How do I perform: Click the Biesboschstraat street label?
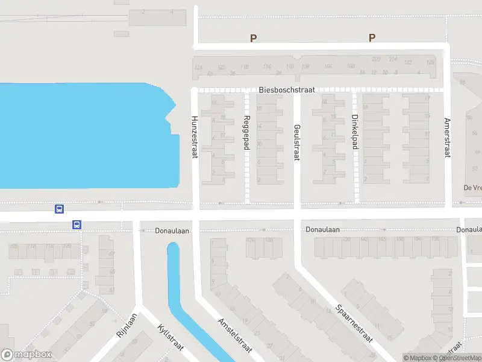pos(287,90)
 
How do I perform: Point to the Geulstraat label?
pos(296,142)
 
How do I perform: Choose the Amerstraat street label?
pos(447,138)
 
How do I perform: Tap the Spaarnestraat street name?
pos(354,323)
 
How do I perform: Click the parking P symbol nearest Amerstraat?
pos(372,38)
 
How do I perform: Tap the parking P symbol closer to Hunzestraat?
pos(254,38)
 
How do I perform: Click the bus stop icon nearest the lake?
pos(59,209)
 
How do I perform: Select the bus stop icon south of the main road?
pos(77,224)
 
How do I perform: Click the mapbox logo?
pos(27,354)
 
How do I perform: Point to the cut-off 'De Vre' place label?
pos(472,188)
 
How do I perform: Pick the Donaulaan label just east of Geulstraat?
pos(323,230)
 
